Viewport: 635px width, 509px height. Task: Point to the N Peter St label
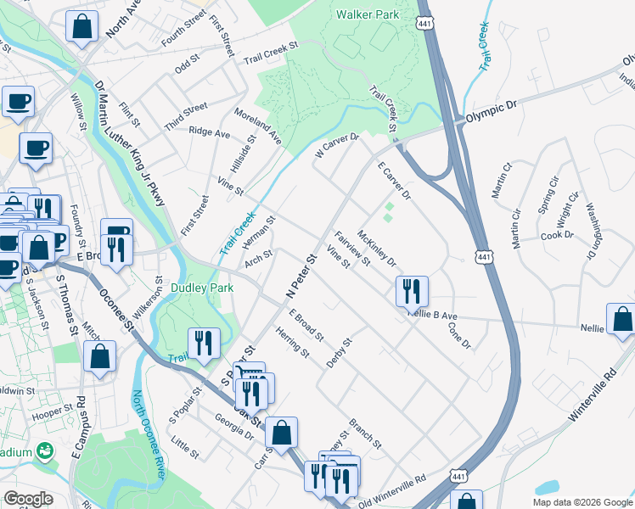pos(300,276)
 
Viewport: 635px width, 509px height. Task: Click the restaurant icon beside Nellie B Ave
pos(411,291)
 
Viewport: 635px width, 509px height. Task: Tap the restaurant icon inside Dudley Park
pos(204,344)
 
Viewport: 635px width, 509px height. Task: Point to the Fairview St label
pos(352,249)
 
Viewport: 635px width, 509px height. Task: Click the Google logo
pos(28,499)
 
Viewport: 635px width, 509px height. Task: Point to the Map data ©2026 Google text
pos(582,502)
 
